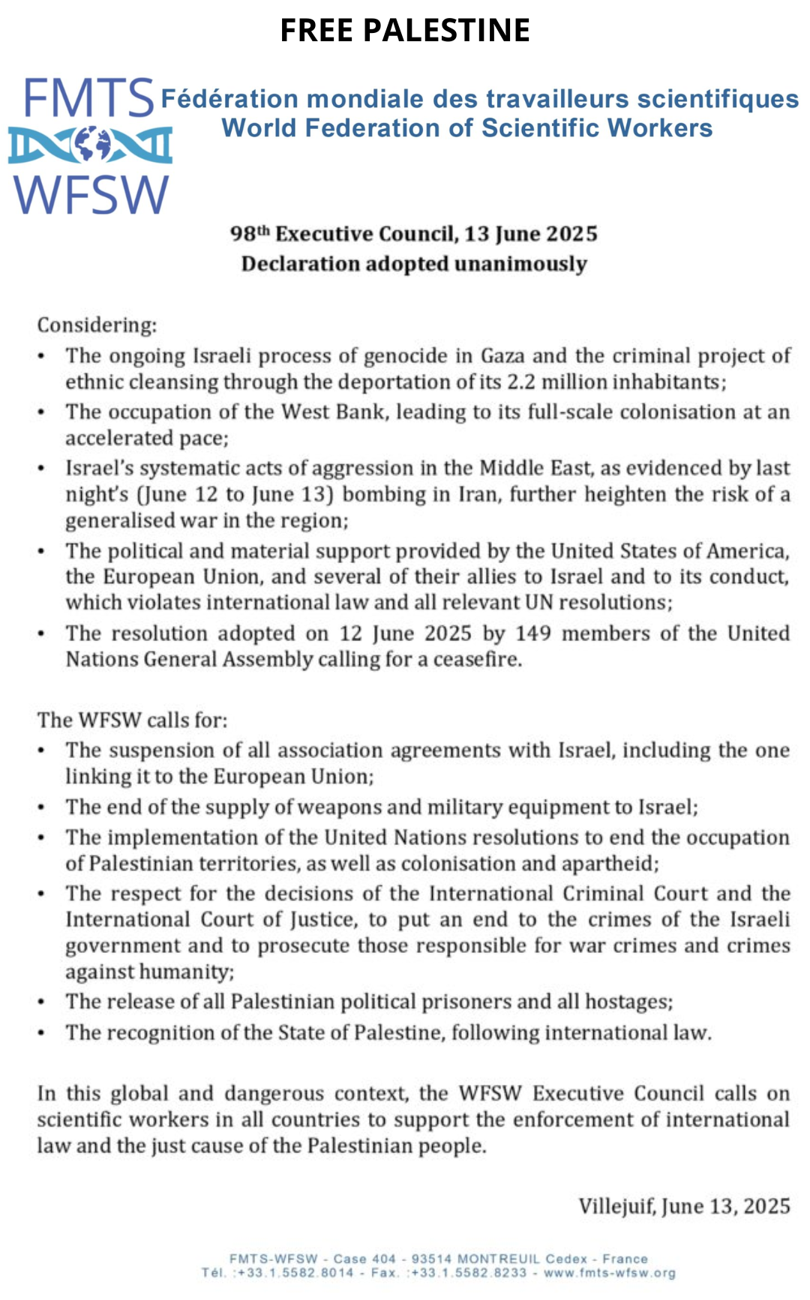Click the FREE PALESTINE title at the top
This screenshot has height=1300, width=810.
pyautogui.click(x=405, y=30)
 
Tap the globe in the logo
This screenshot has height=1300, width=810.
pyautogui.click(x=92, y=144)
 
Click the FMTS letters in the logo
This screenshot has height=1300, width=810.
pyautogui.click(x=88, y=98)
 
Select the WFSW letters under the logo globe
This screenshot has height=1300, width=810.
pyautogui.click(x=91, y=195)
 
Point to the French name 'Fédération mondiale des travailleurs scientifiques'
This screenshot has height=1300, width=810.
pyautogui.click(x=480, y=99)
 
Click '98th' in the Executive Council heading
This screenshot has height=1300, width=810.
pyautogui.click(x=250, y=234)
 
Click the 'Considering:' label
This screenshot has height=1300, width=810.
pyautogui.click(x=97, y=325)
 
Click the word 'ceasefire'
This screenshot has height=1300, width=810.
pyautogui.click(x=477, y=660)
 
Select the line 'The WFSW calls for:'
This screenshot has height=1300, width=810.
pyautogui.click(x=133, y=720)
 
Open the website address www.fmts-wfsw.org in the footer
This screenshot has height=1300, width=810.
pyautogui.click(x=610, y=1273)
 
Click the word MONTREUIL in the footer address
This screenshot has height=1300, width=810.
pyautogui.click(x=497, y=1259)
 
